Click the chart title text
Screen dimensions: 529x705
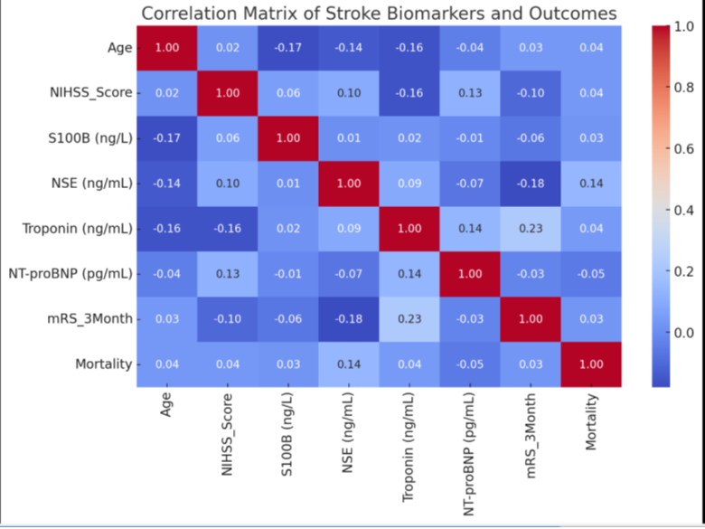(x=379, y=14)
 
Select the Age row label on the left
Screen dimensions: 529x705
(x=119, y=48)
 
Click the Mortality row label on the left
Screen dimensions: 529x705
(x=102, y=364)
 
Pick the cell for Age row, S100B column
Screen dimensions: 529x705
(x=288, y=48)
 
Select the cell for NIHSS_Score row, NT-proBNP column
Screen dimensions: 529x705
(x=470, y=93)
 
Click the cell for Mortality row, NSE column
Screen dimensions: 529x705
(x=349, y=364)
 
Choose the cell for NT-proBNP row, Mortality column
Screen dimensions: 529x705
(x=591, y=274)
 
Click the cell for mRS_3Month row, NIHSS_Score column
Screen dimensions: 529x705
(x=228, y=319)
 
